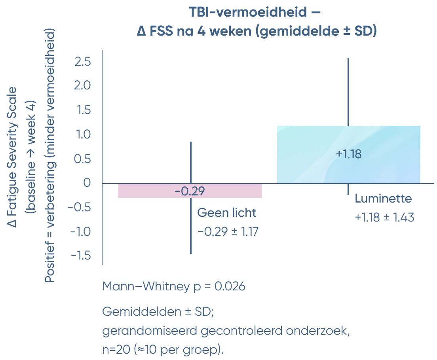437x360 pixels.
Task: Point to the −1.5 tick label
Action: click(x=80, y=256)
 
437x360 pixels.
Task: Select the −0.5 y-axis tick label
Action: click(x=80, y=207)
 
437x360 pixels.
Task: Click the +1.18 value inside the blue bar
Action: click(x=348, y=154)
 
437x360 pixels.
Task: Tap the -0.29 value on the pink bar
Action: click(x=190, y=191)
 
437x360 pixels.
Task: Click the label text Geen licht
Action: click(x=227, y=213)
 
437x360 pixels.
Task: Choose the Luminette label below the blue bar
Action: click(x=383, y=199)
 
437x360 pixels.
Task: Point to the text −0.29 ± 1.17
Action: click(x=228, y=231)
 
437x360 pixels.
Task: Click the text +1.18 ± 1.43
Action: click(x=384, y=217)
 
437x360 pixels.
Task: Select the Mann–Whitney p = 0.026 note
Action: click(x=174, y=286)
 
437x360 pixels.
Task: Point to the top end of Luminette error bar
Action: click(x=348, y=58)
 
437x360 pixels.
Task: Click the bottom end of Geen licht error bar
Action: click(x=191, y=254)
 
